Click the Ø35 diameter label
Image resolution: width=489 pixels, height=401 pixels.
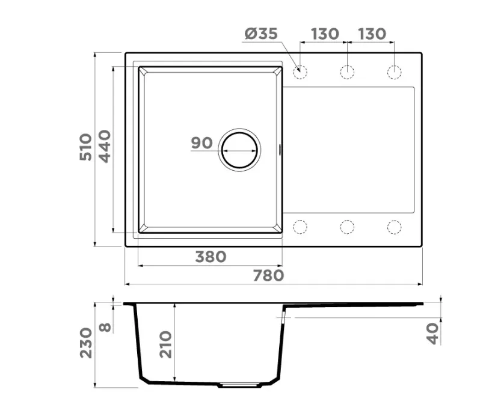tap(261, 33)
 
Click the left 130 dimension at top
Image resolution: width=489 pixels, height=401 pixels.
tap(325, 34)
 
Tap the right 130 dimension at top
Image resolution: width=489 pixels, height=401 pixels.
tap(372, 34)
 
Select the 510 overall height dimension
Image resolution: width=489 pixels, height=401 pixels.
tap(86, 147)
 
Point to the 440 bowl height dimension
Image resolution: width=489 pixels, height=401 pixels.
tap(105, 146)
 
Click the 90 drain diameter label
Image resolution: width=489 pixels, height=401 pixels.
tap(201, 143)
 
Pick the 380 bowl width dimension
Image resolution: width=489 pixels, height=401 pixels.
tap(211, 257)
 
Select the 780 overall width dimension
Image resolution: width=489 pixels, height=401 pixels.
tap(268, 275)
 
